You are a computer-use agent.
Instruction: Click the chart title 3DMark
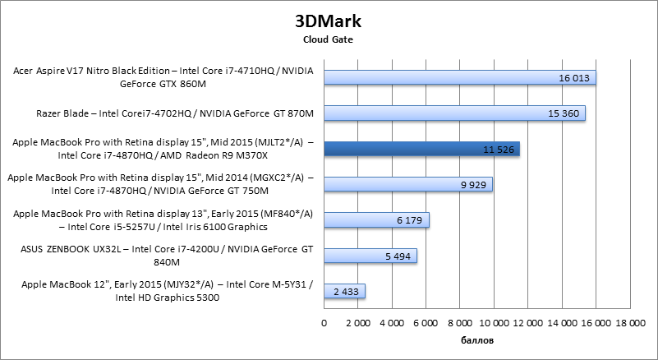tap(329, 20)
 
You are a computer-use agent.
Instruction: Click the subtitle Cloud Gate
tap(329, 38)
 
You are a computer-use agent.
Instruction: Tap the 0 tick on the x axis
tap(324, 322)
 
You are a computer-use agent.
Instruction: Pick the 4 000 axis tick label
tap(392, 322)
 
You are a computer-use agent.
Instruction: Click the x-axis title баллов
tap(476, 338)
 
